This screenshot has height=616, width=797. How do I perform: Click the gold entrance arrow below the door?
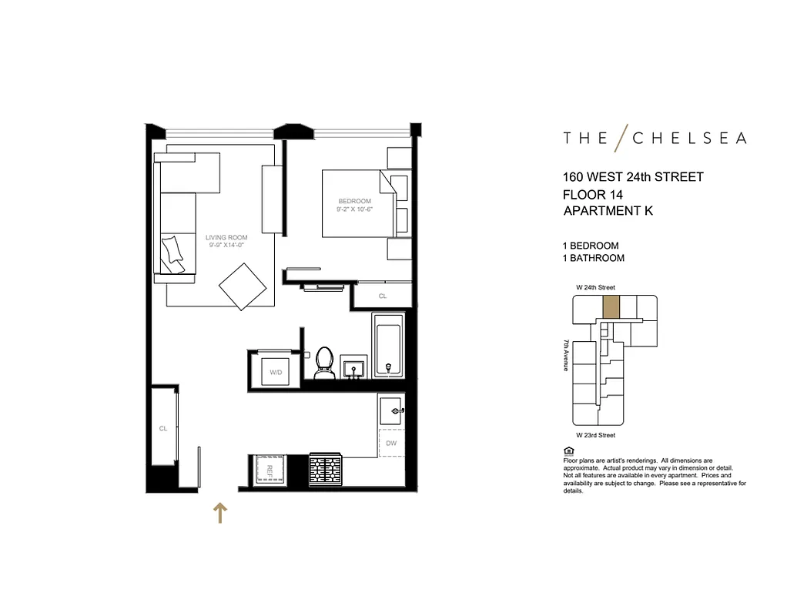(x=220, y=513)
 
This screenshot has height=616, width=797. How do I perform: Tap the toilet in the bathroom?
(x=323, y=363)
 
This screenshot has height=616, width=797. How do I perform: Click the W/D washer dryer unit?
(x=275, y=372)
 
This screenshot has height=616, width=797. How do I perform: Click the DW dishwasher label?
(x=391, y=443)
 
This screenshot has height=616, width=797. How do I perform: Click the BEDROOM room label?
(x=354, y=202)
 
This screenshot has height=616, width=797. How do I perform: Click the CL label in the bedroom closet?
(x=383, y=296)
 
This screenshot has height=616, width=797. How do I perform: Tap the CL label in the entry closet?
(x=163, y=429)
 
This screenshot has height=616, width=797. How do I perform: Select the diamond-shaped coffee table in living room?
(x=243, y=287)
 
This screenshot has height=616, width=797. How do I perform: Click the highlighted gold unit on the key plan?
(x=610, y=307)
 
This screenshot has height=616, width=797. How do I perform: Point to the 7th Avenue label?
(x=566, y=356)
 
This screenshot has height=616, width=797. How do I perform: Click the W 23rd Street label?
(x=596, y=435)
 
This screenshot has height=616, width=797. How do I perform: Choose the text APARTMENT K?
(x=608, y=210)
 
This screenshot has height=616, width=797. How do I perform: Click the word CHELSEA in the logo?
(x=688, y=139)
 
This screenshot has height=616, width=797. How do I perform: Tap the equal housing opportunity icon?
(x=568, y=450)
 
